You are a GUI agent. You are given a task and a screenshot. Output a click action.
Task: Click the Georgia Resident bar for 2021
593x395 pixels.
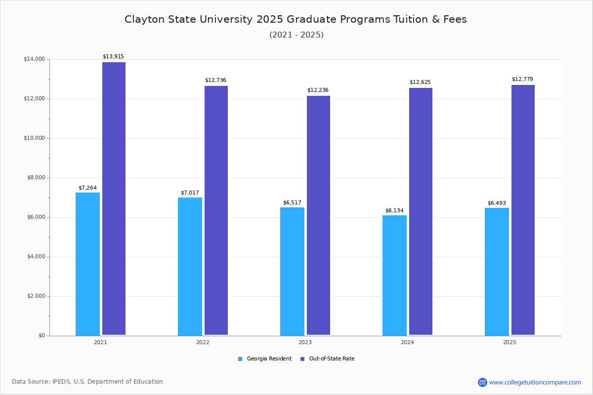pyautogui.click(x=87, y=264)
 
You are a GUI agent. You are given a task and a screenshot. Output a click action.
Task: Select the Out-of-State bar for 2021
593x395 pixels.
pyautogui.click(x=114, y=198)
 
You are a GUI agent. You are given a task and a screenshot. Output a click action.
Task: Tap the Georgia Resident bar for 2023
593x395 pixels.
pyautogui.click(x=292, y=271)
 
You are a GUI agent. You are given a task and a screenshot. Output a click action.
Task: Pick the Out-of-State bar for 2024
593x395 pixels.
pyautogui.click(x=421, y=211)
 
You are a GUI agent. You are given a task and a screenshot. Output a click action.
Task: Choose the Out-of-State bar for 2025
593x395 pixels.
pyautogui.click(x=523, y=210)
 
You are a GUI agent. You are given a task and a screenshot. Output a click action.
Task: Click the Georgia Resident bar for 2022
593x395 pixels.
pyautogui.click(x=190, y=266)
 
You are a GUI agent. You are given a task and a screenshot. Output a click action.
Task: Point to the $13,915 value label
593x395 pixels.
pyautogui.click(x=113, y=56)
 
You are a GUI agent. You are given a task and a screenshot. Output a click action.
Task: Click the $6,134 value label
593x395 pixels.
pyautogui.click(x=394, y=210)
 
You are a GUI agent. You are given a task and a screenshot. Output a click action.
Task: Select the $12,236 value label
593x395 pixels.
pyautogui.click(x=318, y=90)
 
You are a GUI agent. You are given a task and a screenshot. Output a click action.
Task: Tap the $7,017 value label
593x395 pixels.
pyautogui.click(x=190, y=193)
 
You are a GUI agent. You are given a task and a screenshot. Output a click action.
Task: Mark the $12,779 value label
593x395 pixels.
pyautogui.click(x=522, y=79)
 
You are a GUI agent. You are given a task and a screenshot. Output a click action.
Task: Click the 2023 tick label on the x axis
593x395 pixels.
pyautogui.click(x=305, y=342)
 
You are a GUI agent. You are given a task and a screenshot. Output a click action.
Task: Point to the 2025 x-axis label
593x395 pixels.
pyautogui.click(x=509, y=342)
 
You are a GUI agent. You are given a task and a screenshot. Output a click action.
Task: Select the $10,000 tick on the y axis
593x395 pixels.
pyautogui.click(x=34, y=138)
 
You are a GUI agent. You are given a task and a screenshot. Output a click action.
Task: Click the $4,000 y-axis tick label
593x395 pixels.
pyautogui.click(x=34, y=257)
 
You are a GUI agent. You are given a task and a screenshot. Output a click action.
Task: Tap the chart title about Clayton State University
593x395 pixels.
pyautogui.click(x=296, y=19)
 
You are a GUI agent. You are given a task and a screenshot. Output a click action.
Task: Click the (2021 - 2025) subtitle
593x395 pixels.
pyautogui.click(x=296, y=35)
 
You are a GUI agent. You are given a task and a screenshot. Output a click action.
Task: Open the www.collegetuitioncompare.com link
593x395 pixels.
pyautogui.click(x=535, y=382)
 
